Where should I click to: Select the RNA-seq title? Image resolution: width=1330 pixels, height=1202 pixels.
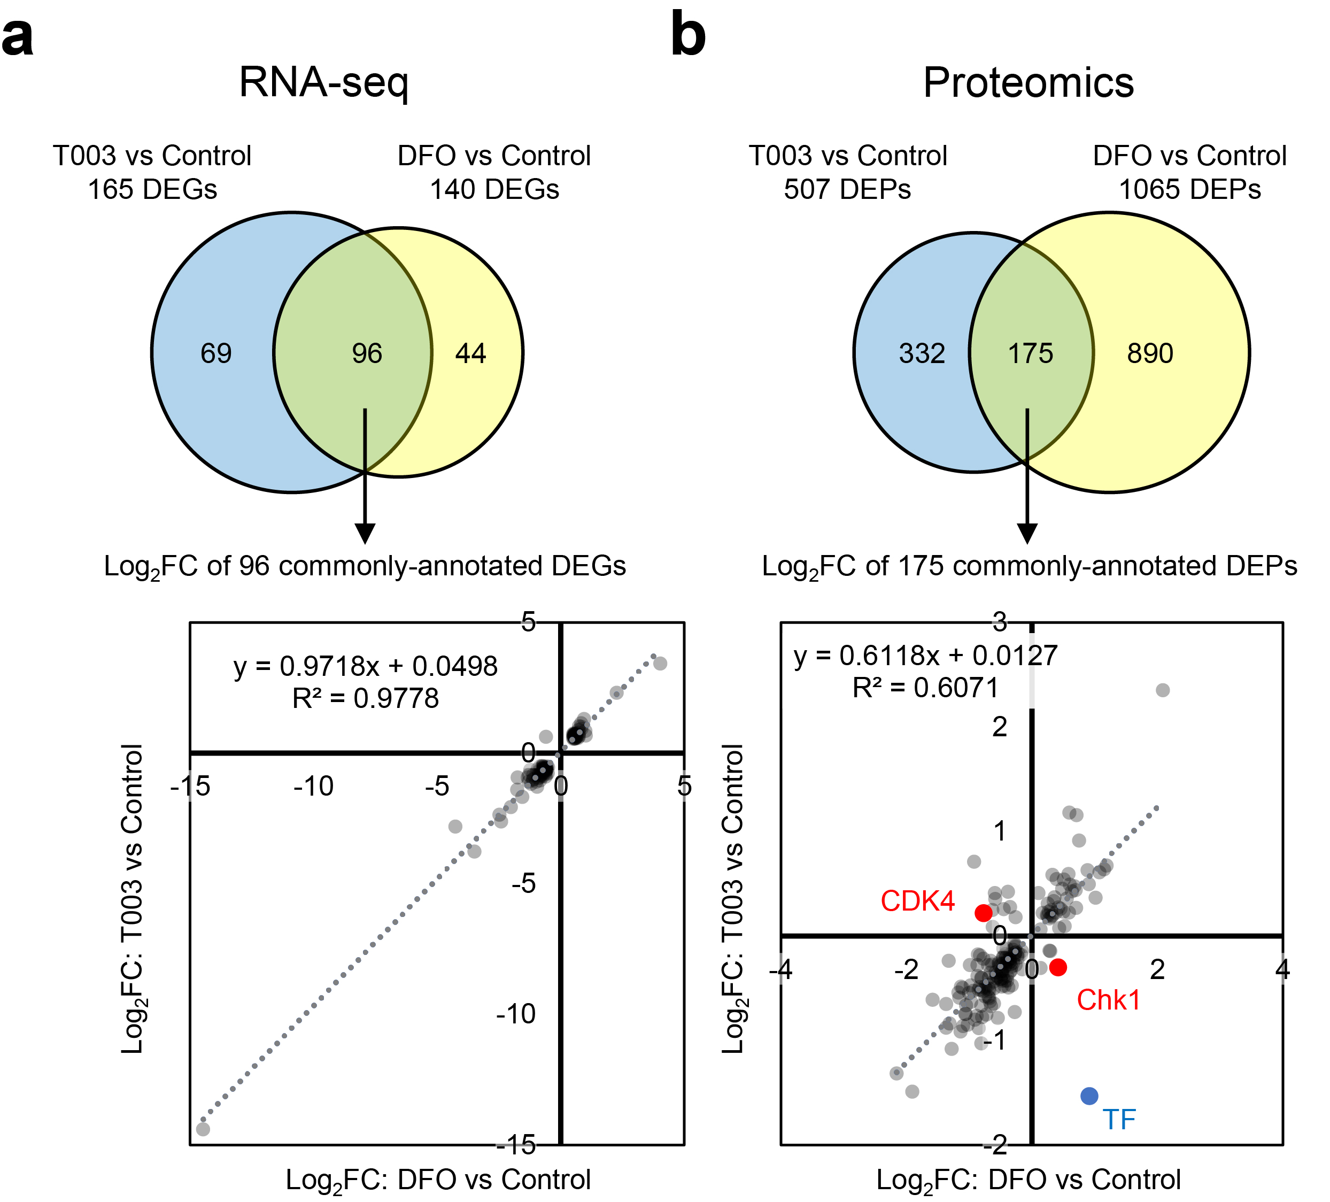324,83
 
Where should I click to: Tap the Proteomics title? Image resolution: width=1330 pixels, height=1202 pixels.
1028,83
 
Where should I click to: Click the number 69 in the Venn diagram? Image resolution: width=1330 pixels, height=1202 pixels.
216,353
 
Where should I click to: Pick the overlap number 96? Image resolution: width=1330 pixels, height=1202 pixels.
367,353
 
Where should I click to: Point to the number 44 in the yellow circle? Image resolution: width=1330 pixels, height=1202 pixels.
470,353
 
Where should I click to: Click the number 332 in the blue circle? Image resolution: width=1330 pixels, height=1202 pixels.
922,353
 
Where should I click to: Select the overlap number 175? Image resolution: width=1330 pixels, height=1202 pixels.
1031,353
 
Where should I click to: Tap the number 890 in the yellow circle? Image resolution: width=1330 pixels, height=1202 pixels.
1150,353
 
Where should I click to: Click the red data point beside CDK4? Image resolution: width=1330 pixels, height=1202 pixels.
984,913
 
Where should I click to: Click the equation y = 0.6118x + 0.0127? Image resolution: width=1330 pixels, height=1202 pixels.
925,656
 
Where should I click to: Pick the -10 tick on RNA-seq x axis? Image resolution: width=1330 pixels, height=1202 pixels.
313,787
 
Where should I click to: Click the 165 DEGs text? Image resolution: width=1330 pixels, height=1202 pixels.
152,190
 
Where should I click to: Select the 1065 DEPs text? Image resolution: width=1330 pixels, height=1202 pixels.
1189,190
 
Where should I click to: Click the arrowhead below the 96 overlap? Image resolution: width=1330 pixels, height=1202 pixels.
365,533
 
